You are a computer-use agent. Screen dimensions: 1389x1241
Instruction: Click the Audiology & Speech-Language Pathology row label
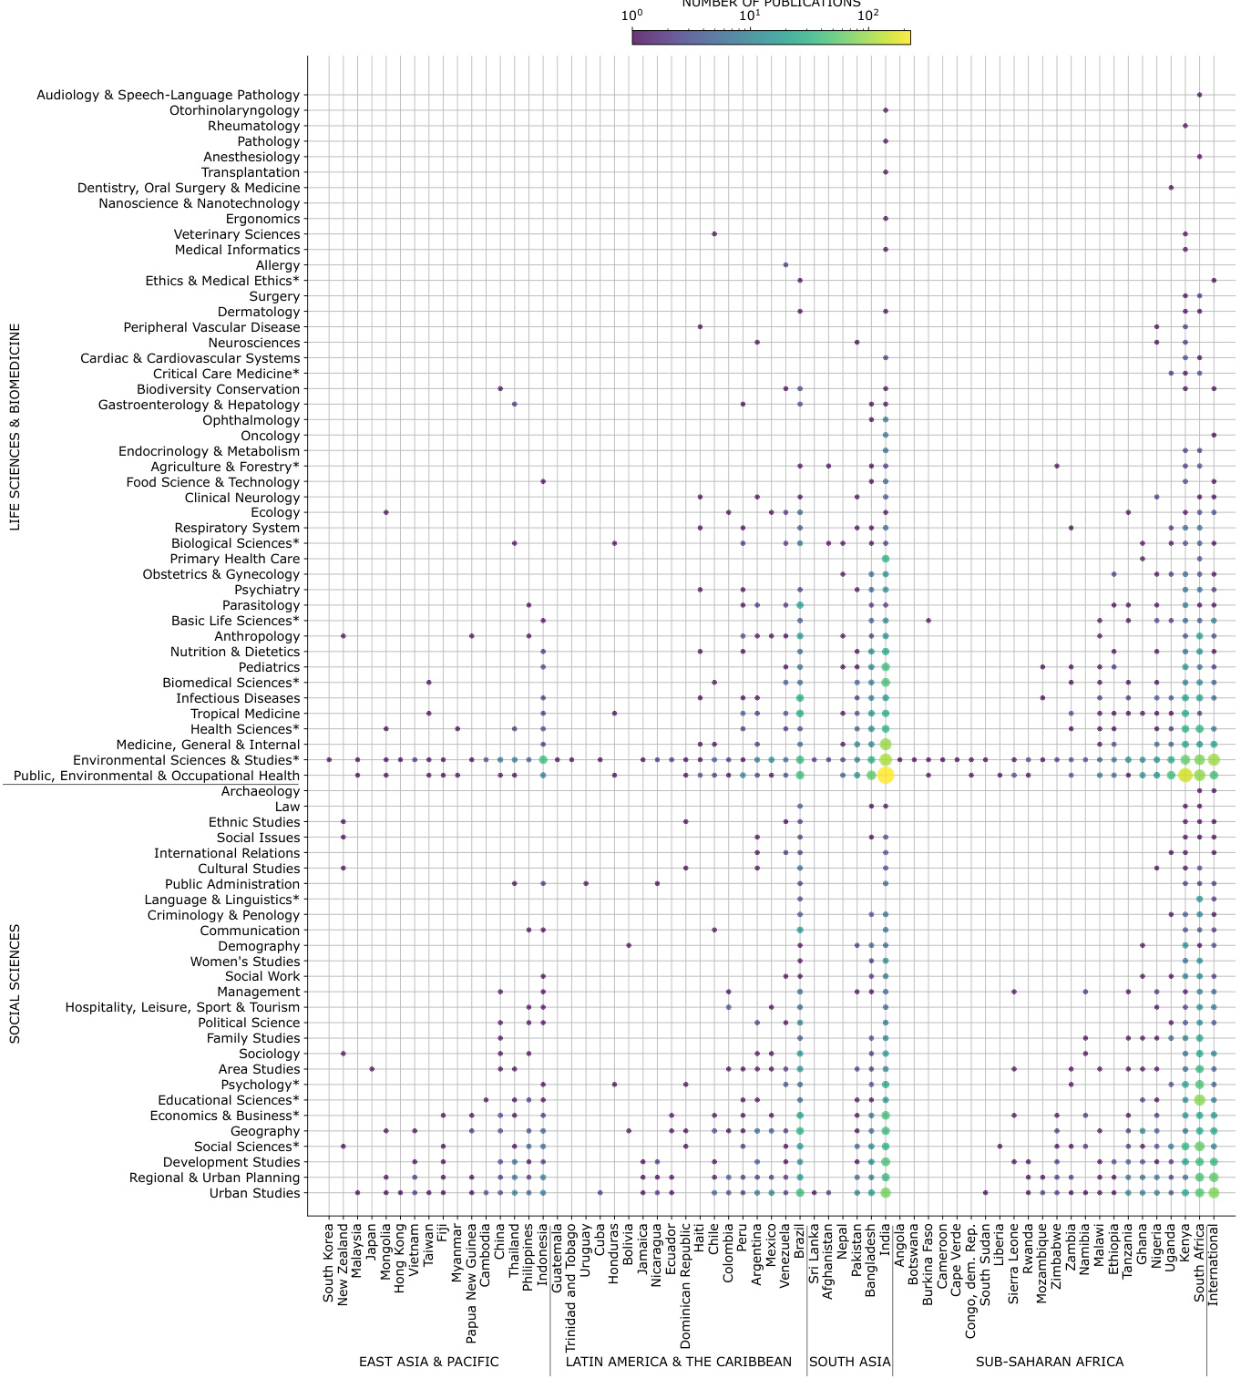(168, 95)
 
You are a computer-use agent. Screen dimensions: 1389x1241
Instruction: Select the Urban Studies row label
(254, 1193)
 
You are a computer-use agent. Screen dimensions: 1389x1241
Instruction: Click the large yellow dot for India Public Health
(886, 776)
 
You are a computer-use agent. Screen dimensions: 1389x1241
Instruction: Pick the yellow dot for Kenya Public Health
(1185, 776)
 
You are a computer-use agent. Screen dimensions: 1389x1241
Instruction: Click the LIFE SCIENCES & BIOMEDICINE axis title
(15, 427)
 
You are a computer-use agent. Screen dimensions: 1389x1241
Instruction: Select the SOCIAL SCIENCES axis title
(15, 983)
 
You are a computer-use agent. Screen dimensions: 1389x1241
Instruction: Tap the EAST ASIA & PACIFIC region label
(428, 1362)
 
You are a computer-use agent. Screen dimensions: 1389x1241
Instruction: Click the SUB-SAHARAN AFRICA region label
(1050, 1362)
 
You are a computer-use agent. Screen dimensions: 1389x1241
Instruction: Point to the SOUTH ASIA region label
(850, 1362)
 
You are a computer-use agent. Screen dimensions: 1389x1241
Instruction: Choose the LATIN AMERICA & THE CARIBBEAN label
(679, 1362)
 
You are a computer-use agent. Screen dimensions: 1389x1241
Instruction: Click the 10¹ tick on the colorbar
(750, 15)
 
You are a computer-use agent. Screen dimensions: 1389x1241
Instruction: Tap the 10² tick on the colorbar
(868, 15)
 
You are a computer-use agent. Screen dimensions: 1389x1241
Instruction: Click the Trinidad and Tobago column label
(571, 1288)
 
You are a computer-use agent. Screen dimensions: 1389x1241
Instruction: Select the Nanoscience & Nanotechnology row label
(199, 203)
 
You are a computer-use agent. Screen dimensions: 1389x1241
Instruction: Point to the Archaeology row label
(260, 791)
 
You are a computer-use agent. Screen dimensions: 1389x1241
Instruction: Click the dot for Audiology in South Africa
(1199, 95)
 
